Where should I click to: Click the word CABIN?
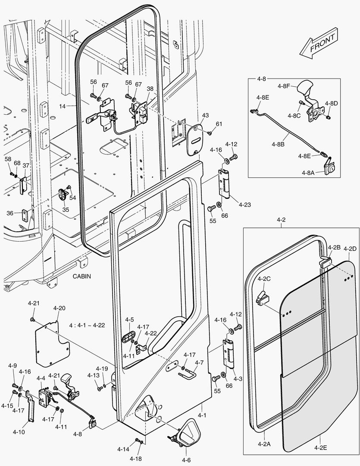tap(81, 276)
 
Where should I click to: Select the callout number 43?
tap(205, 115)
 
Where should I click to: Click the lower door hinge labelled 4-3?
tap(229, 354)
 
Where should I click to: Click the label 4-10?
tap(19, 431)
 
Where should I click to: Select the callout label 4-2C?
tap(264, 279)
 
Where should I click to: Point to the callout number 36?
tap(9, 213)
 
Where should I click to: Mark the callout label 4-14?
tap(123, 449)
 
